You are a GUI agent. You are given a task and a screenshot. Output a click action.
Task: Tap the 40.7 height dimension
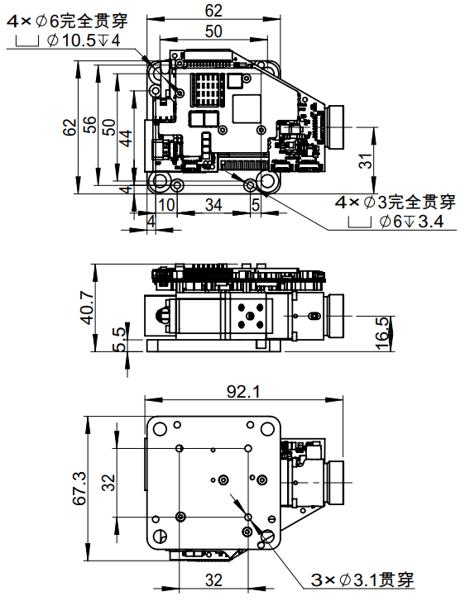[x=97, y=307]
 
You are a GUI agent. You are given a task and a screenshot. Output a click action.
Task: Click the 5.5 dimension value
[x=120, y=338]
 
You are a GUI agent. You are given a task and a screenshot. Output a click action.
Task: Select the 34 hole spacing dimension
[x=213, y=203]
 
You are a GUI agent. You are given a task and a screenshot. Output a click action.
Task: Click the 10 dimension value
[x=166, y=203]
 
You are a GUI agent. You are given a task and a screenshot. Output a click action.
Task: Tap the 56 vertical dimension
[x=89, y=126]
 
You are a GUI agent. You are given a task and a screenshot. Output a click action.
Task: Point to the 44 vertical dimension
[x=126, y=136]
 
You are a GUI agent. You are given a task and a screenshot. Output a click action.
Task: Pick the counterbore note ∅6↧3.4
[x=410, y=221]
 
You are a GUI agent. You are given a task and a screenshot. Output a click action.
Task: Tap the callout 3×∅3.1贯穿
[x=362, y=580]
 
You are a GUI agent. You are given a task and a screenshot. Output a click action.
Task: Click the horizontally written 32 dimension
[x=213, y=580]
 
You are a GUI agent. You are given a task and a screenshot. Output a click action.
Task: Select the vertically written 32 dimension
[x=108, y=482]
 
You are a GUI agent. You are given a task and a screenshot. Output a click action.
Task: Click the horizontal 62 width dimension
[x=213, y=10]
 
